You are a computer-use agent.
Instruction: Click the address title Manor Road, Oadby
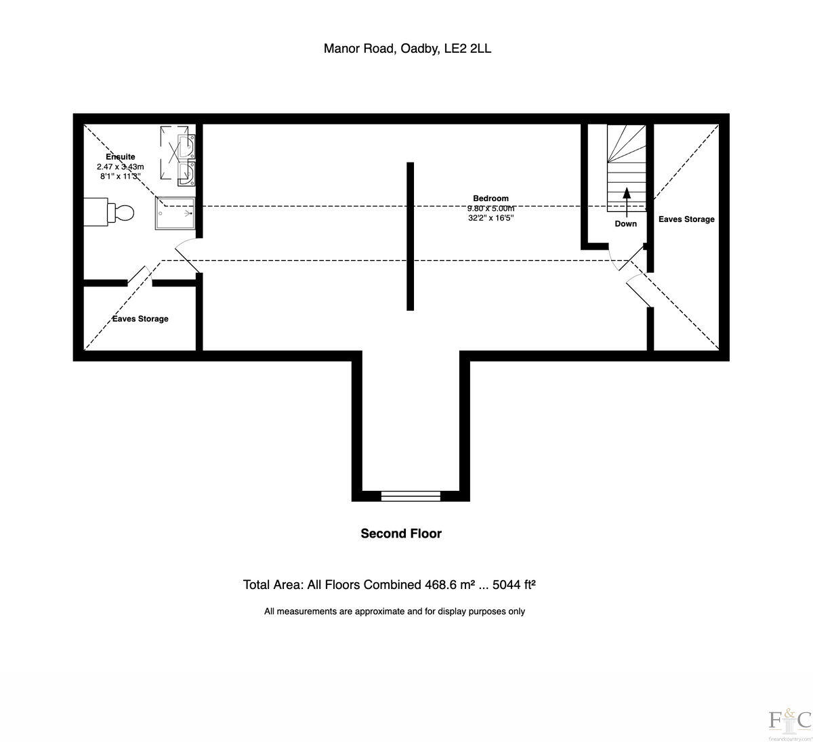(407, 48)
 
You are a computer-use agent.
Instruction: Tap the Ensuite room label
(121, 156)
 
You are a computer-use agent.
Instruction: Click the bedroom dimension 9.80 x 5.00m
(491, 209)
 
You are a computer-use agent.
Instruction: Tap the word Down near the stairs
(625, 223)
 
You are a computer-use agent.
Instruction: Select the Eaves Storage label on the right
(686, 219)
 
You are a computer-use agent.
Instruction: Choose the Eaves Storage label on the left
(140, 319)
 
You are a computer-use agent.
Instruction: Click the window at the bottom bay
(411, 496)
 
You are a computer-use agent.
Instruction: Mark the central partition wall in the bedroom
(410, 236)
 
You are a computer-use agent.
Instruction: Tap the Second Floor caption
(401, 533)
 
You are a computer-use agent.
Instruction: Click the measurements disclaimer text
(394, 611)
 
